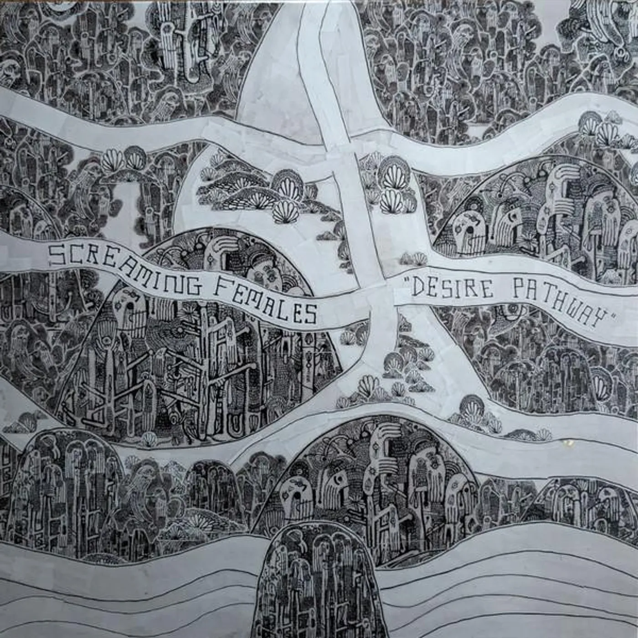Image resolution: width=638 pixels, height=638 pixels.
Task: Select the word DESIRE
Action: tap(453, 288)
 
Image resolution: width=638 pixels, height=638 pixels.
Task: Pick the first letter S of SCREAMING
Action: tap(57, 255)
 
